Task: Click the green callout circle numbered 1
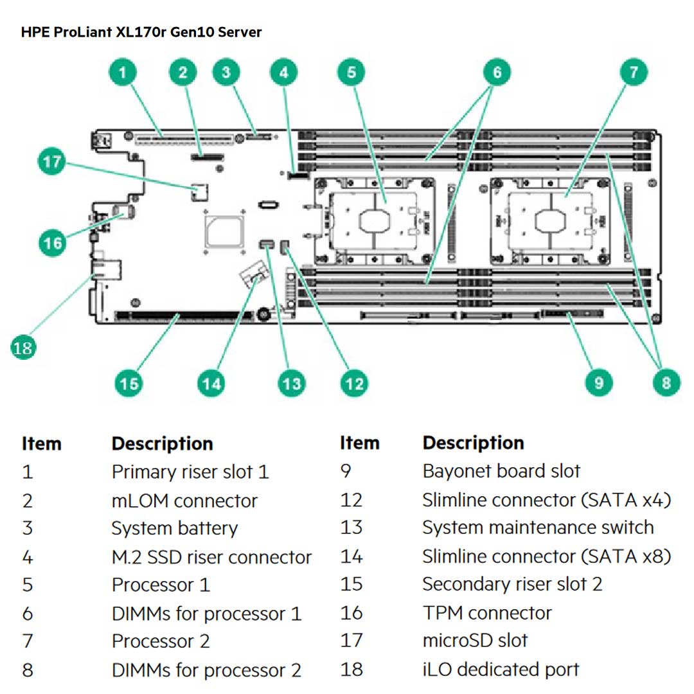[x=125, y=71]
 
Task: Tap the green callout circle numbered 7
[x=634, y=71]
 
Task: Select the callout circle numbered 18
[x=22, y=348]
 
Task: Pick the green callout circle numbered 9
[x=599, y=383]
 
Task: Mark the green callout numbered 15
[x=129, y=384]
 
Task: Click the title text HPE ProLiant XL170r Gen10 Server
[x=141, y=31]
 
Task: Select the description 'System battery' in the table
[x=174, y=529]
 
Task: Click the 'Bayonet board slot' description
[x=501, y=471]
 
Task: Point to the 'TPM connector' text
[x=486, y=613]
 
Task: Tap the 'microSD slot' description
[x=475, y=641]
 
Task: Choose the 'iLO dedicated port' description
[x=501, y=669]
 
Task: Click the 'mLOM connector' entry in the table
[x=184, y=501]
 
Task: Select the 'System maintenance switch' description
[x=538, y=528]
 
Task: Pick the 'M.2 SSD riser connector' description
[x=211, y=557]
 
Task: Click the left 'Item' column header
[x=41, y=443]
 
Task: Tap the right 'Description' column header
[x=473, y=443]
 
